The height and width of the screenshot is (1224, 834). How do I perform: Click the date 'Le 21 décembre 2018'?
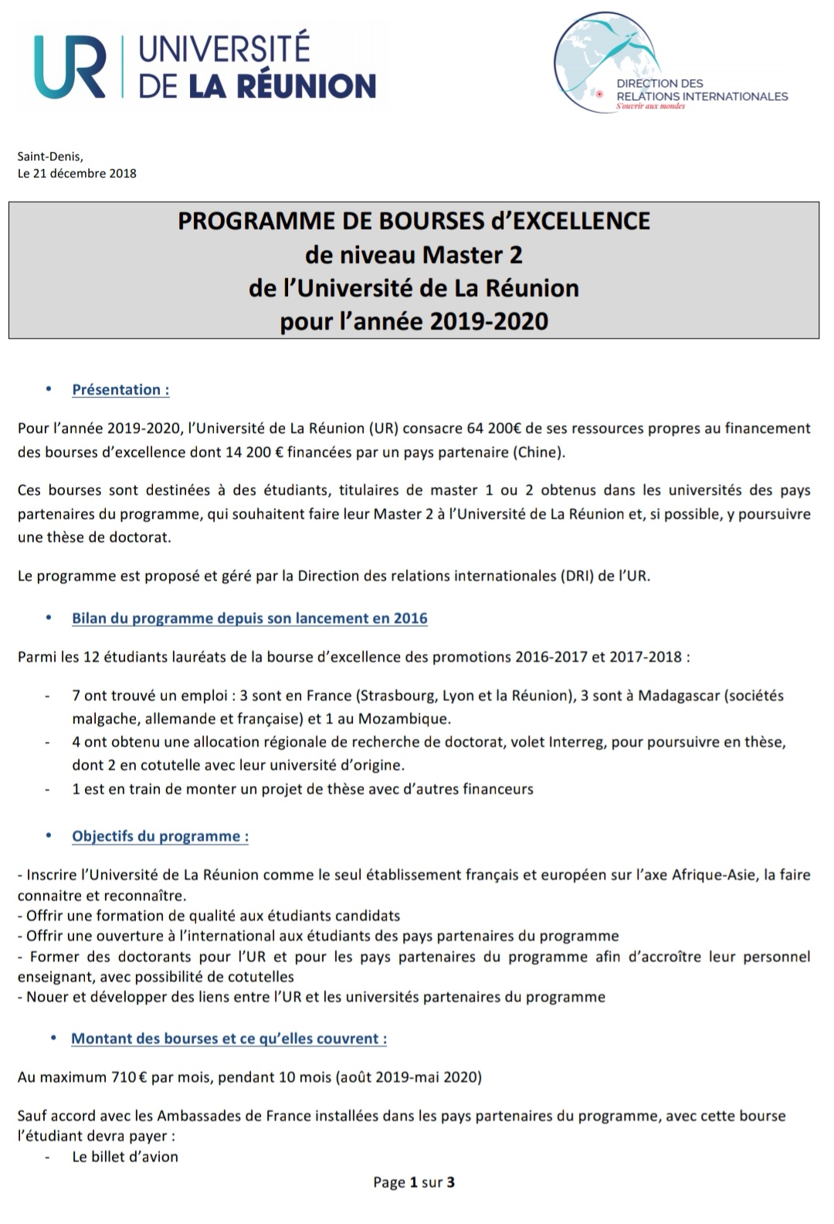(77, 173)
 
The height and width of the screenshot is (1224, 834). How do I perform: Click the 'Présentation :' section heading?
(120, 390)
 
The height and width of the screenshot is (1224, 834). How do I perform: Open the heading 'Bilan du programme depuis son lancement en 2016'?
(249, 619)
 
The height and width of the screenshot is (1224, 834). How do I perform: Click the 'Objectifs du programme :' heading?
(160, 836)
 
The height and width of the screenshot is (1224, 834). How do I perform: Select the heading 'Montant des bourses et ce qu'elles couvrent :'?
(229, 1039)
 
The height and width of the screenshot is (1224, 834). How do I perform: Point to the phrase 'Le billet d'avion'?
(125, 1157)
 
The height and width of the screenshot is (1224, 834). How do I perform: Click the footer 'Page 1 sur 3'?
(414, 1182)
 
